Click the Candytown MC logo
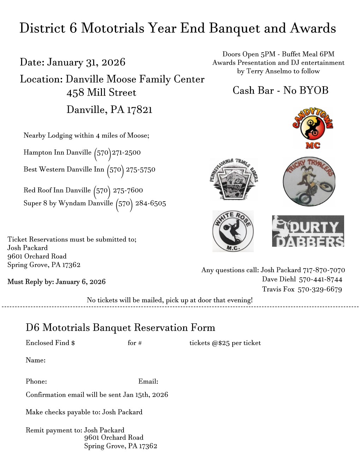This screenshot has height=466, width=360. (x=312, y=129)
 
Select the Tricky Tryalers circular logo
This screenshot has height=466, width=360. (x=309, y=181)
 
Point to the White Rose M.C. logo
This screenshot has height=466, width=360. (x=233, y=231)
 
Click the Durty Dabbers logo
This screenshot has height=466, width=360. (x=308, y=231)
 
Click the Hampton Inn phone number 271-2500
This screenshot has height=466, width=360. (x=126, y=153)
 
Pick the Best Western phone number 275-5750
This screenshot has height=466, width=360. (x=140, y=169)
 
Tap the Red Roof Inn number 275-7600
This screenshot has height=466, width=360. (x=128, y=190)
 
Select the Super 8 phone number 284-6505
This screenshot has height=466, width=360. (x=150, y=203)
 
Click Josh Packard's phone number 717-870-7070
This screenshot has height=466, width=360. (x=324, y=270)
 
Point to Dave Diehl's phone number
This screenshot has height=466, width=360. (x=320, y=280)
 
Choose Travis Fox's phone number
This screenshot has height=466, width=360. (x=319, y=289)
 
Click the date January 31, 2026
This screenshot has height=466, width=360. (x=86, y=62)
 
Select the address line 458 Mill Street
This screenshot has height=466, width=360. (x=101, y=92)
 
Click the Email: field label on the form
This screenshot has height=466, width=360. (x=148, y=381)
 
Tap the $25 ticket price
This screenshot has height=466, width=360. (x=225, y=343)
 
